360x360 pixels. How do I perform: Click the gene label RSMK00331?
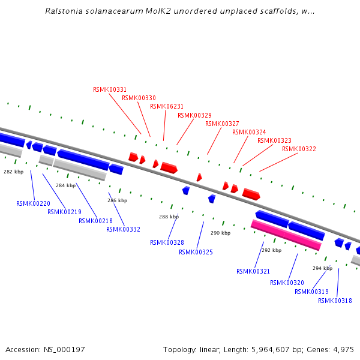(x=110, y=89)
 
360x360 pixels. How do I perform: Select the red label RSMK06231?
(x=167, y=106)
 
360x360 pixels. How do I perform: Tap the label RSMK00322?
(x=299, y=149)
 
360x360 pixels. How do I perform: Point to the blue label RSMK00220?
(x=33, y=203)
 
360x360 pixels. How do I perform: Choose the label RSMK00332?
(x=123, y=229)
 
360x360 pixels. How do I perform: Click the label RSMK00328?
(x=167, y=242)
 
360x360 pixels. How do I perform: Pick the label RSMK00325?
(x=196, y=252)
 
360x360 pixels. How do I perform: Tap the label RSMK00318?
(x=335, y=301)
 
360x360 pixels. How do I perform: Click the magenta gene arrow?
(x=286, y=235)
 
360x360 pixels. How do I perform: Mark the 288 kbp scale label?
(x=169, y=217)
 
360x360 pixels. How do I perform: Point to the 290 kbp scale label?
(x=220, y=233)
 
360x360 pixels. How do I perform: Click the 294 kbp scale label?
(x=322, y=268)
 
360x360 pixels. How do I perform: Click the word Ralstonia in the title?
(x=63, y=11)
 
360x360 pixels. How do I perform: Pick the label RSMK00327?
(x=222, y=124)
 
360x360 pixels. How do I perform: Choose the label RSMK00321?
(x=253, y=271)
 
